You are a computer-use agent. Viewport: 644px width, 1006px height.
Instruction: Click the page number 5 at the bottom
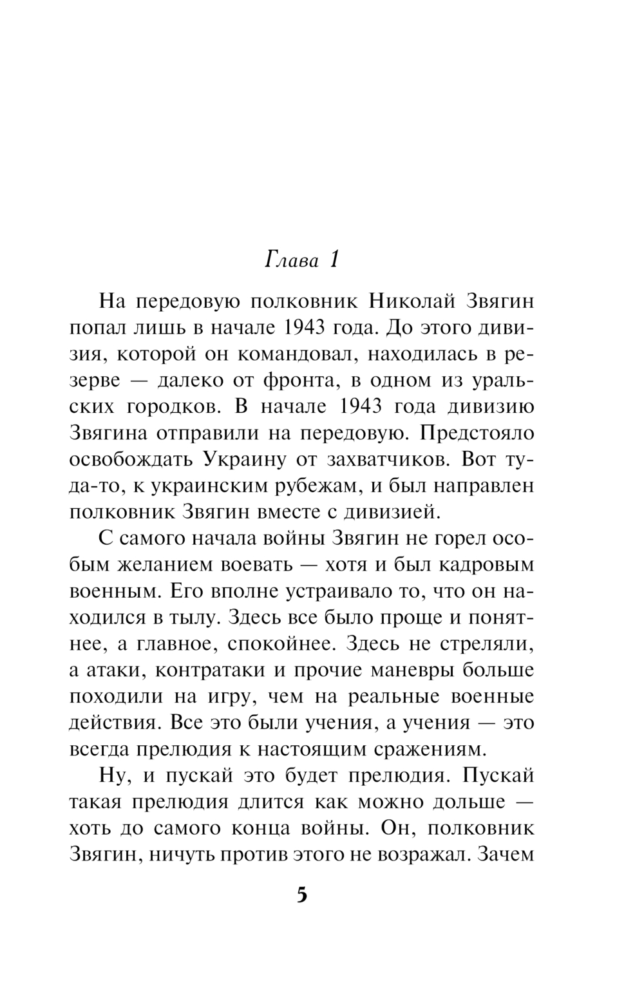302,896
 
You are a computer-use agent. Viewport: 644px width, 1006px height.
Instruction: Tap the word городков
172,407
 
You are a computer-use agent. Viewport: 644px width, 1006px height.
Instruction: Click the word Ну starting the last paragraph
111,775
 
